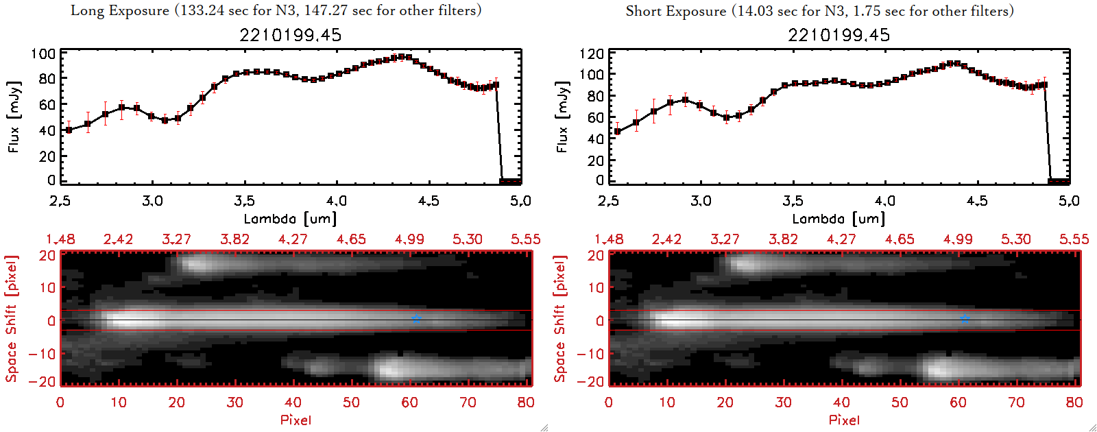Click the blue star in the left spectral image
tap(416, 319)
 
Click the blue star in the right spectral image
tap(965, 319)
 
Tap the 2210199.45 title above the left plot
tap(290, 35)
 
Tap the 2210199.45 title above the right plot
tap(839, 35)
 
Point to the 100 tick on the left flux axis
tap(43, 54)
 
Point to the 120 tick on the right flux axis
tap(592, 54)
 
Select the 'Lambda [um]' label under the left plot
tap(290, 219)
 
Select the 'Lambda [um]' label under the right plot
tap(839, 219)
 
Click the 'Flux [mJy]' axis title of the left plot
tap(14, 117)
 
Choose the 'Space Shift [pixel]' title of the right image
tap(560, 318)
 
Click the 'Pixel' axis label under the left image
tap(296, 420)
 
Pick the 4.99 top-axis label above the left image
tap(409, 239)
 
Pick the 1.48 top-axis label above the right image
tap(609, 239)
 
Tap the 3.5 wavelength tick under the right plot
tap(793, 201)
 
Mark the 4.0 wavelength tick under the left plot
tap(336, 201)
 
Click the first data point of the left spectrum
tap(69, 130)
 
